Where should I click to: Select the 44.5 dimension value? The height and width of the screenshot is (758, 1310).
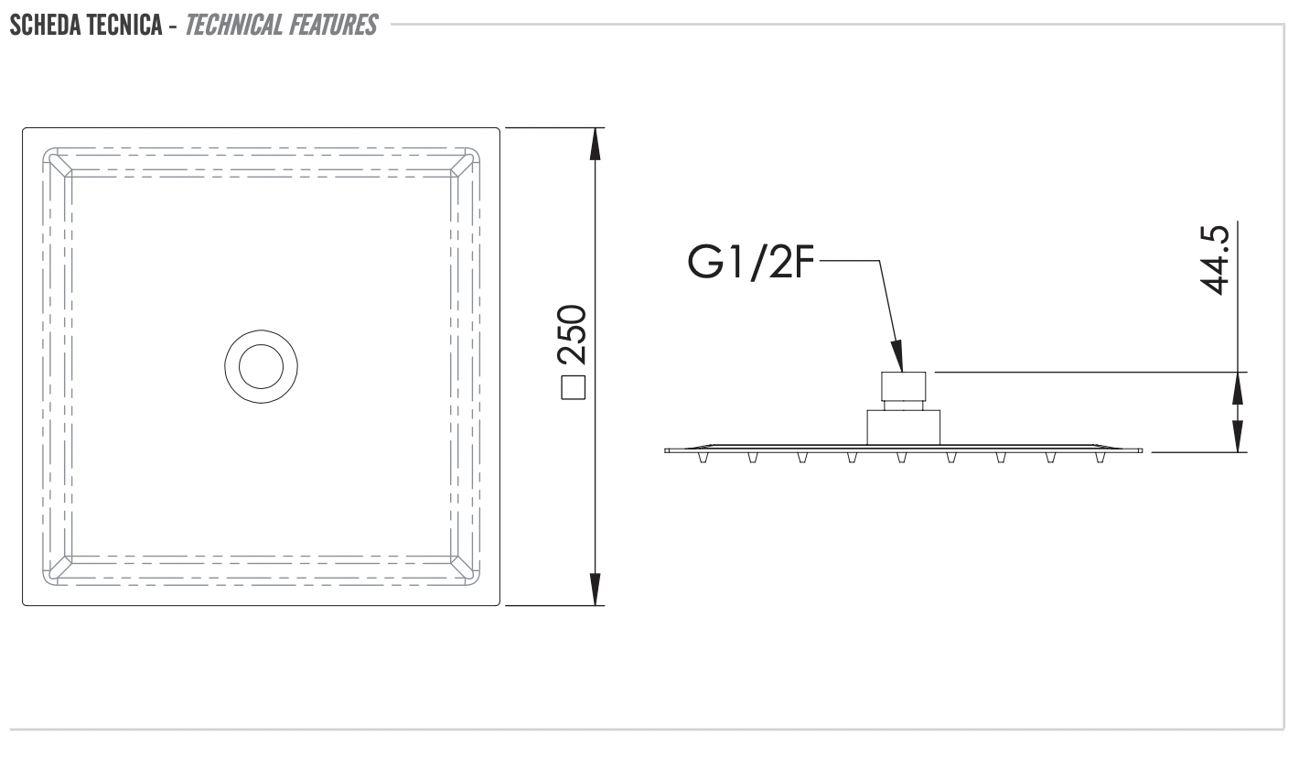pos(1217,261)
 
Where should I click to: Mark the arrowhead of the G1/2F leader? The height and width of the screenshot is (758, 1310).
pos(898,356)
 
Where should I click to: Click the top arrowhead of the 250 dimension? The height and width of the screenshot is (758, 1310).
pos(596,142)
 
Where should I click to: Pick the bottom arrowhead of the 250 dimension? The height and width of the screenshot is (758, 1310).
pos(596,590)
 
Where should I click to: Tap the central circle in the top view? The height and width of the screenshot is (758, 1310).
pos(262,366)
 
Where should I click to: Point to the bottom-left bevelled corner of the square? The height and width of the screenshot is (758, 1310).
pos(58,568)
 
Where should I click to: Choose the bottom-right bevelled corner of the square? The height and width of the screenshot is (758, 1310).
pos(465,568)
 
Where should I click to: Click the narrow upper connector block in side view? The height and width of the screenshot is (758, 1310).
pos(904,387)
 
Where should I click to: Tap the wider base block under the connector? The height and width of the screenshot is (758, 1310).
pos(904,428)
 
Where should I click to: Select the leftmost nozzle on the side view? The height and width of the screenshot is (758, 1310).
pos(703,457)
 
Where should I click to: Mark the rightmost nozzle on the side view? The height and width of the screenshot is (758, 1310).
pos(1100,457)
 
